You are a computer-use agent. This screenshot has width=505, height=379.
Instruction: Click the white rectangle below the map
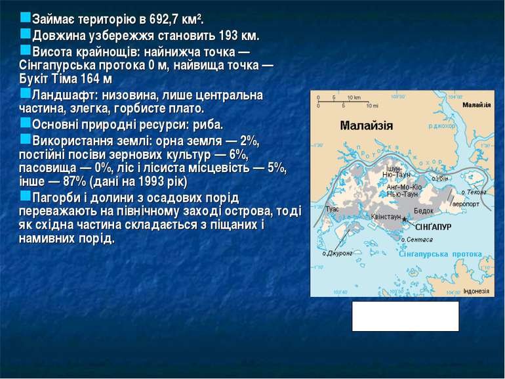click(405, 316)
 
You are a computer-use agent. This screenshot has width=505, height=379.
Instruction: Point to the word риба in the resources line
click(207, 125)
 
